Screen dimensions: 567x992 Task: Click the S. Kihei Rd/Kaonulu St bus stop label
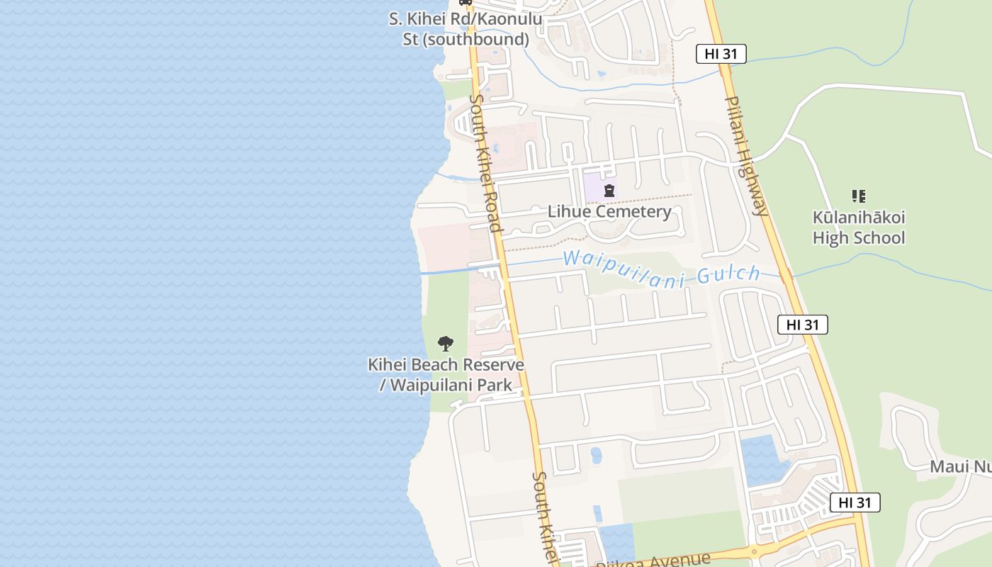(x=466, y=28)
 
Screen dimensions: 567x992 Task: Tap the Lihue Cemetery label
(x=609, y=211)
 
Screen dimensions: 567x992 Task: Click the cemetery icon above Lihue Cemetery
(x=609, y=191)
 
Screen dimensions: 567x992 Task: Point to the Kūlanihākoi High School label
(x=859, y=228)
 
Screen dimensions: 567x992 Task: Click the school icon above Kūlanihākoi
(x=859, y=196)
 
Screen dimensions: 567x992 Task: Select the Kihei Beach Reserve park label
(x=446, y=375)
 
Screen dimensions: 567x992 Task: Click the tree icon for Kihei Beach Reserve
(x=446, y=344)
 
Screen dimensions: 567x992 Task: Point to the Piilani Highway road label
(x=747, y=155)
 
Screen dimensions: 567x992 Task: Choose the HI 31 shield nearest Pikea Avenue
(x=855, y=503)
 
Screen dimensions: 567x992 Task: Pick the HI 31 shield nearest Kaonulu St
(x=721, y=54)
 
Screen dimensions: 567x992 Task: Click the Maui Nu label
(x=960, y=466)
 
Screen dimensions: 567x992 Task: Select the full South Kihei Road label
(x=486, y=163)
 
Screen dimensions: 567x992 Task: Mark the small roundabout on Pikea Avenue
(x=753, y=551)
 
